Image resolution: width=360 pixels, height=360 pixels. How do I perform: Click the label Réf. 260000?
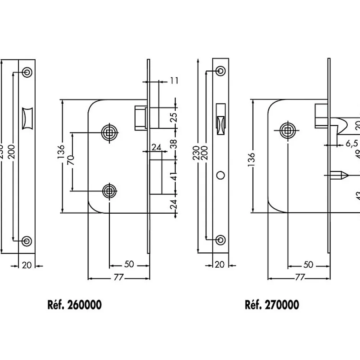(x=74, y=305)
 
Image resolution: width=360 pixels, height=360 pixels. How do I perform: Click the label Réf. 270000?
(x=272, y=305)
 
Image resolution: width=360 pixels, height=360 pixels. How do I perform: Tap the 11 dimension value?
(x=174, y=80)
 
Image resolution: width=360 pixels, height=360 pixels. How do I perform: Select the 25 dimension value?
(x=174, y=117)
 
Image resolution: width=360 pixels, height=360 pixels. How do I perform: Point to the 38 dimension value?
(x=174, y=143)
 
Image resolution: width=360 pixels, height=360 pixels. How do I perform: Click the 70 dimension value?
(x=71, y=162)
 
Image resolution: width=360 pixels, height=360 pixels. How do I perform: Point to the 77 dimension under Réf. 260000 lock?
(x=119, y=277)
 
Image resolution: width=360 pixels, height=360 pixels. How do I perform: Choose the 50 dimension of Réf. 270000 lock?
(x=308, y=264)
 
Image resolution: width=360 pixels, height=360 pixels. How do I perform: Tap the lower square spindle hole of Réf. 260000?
(x=109, y=190)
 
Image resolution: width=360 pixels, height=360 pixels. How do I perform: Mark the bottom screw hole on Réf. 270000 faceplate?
(x=220, y=239)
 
